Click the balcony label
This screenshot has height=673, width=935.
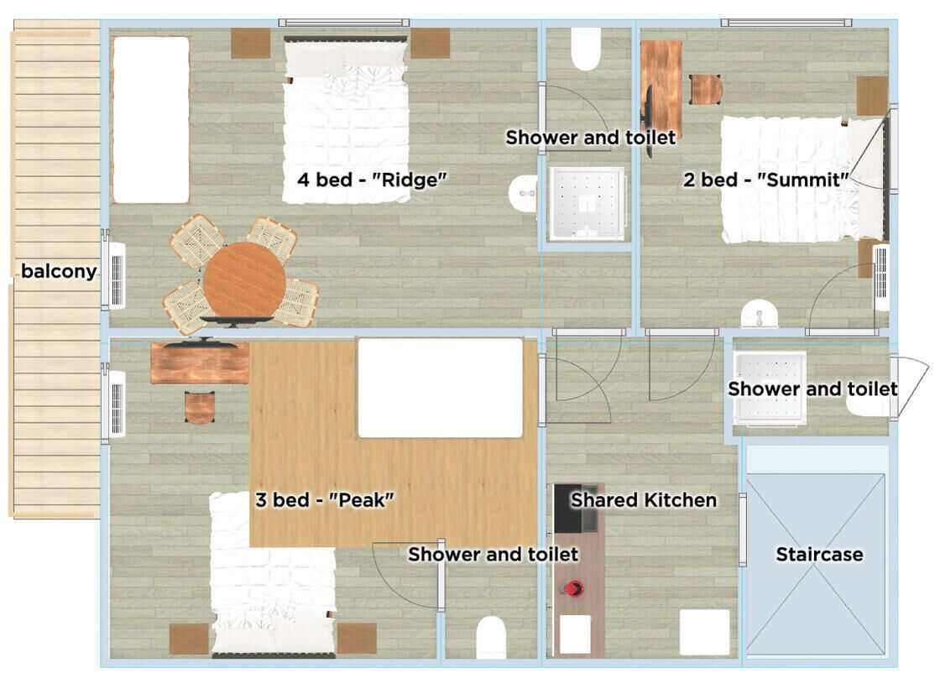tap(59, 271)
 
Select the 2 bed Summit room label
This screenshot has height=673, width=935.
tap(766, 180)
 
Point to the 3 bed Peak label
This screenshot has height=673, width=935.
tap(325, 500)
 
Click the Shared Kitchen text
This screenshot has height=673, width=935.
tap(644, 500)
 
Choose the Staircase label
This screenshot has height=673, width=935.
tap(818, 555)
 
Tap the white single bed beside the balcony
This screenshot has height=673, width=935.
tap(151, 119)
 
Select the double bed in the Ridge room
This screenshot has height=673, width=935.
tap(346, 126)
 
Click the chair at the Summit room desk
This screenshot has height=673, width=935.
tap(706, 89)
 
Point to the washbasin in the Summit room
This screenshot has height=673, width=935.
tap(760, 314)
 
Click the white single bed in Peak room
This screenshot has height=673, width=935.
tap(441, 388)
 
